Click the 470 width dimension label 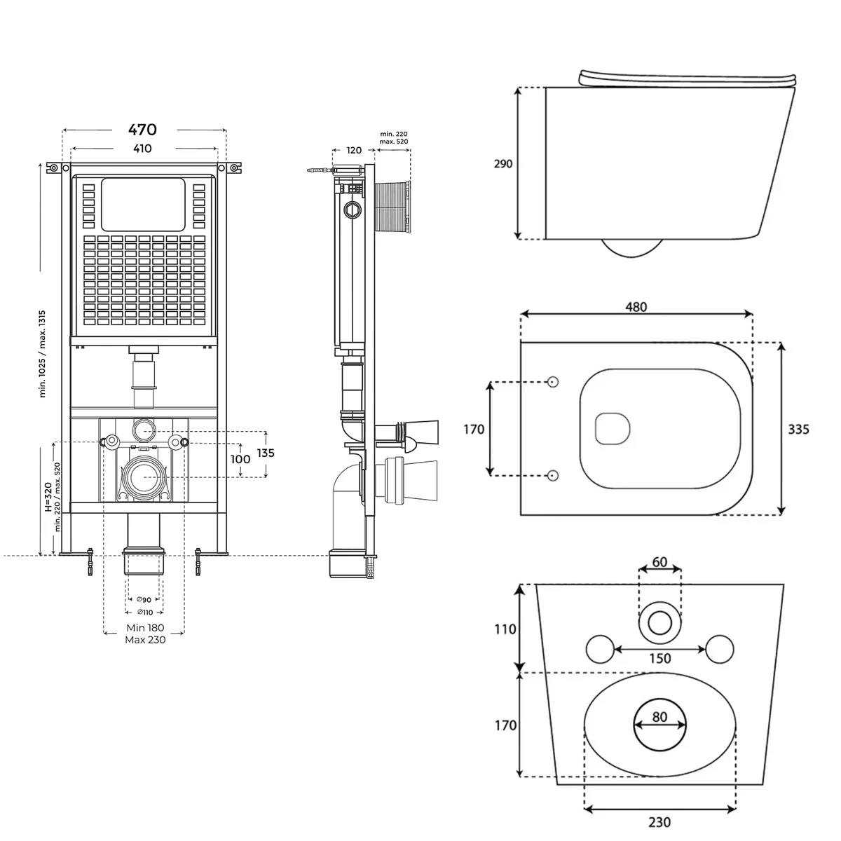tap(142, 130)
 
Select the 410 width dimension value tap(142, 149)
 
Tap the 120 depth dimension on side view tap(354, 150)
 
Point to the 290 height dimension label tap(503, 163)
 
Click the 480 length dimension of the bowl tap(636, 307)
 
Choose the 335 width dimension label tap(798, 429)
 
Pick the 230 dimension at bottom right tap(659, 822)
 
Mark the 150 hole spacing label tap(659, 658)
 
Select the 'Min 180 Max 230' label tap(145, 634)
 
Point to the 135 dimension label tap(265, 453)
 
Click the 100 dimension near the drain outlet tap(240, 460)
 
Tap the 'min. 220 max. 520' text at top tap(393, 137)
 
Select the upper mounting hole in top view tap(553, 382)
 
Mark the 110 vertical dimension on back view tap(505, 629)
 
